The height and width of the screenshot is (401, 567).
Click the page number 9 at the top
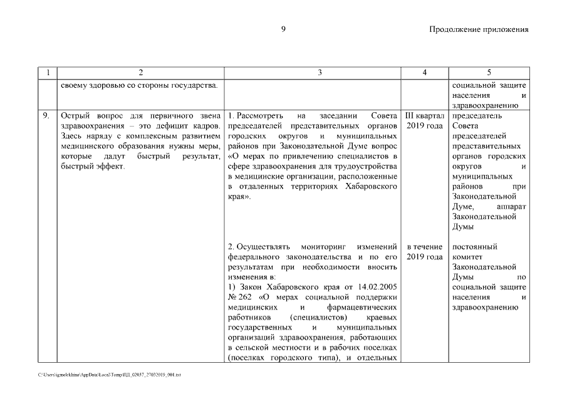pyautogui.click(x=283, y=29)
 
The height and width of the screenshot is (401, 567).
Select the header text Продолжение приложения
pyautogui.click(x=479, y=29)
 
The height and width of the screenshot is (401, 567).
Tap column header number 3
pyautogui.click(x=320, y=73)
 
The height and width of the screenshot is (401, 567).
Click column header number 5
pyautogui.click(x=489, y=73)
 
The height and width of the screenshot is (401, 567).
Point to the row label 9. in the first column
pyautogui.click(x=46, y=116)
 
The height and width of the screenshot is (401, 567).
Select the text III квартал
pyautogui.click(x=425, y=116)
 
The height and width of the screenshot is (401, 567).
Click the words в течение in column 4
pyautogui.click(x=425, y=246)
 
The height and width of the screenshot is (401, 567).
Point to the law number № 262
pyautogui.click(x=240, y=297)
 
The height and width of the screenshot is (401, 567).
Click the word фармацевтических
pyautogui.click(x=362, y=307)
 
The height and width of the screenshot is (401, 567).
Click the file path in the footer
pyautogui.click(x=110, y=374)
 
